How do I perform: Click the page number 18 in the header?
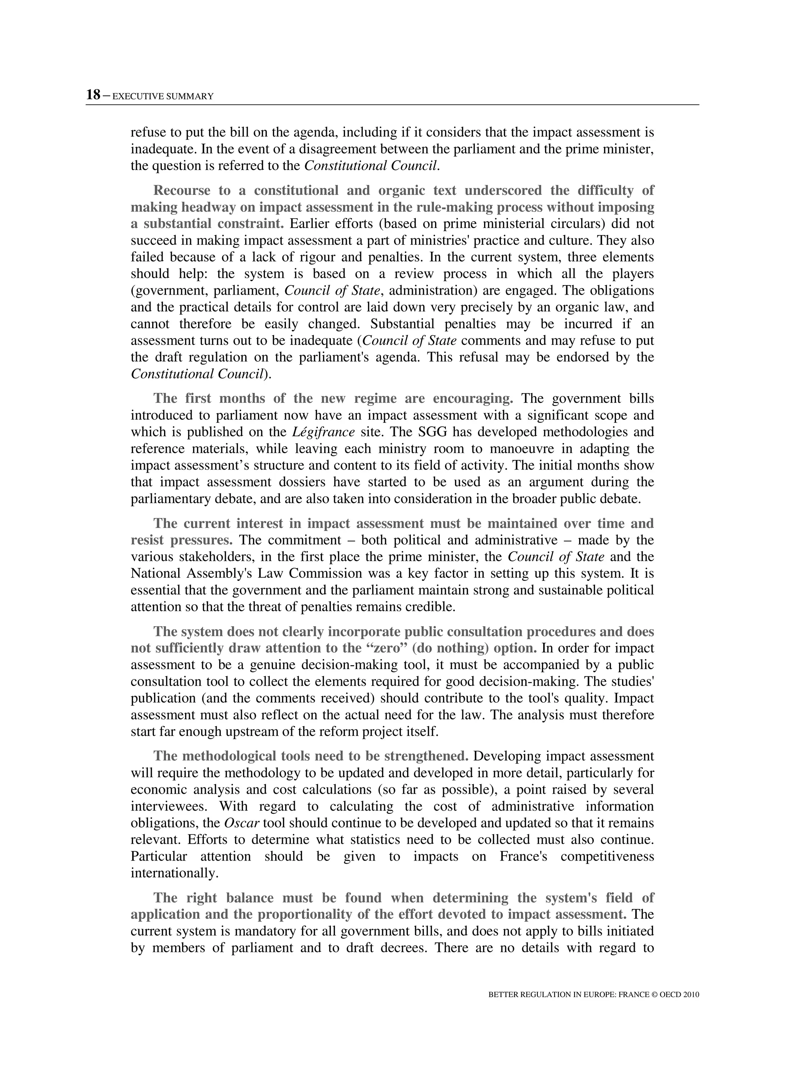[93, 95]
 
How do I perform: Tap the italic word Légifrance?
[323, 432]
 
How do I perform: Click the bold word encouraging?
[473, 399]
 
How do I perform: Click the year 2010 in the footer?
[691, 994]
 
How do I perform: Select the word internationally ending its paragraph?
[174, 874]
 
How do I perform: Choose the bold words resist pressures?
[181, 540]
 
